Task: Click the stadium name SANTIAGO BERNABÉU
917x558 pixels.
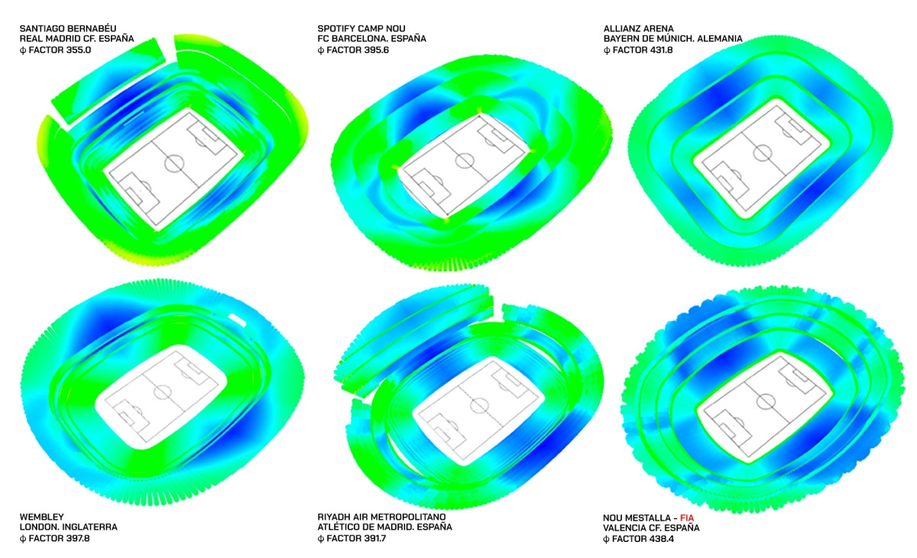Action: click(68, 28)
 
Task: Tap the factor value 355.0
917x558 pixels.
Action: click(76, 50)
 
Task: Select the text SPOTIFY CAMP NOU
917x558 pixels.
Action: click(361, 28)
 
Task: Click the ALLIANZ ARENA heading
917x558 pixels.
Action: click(639, 28)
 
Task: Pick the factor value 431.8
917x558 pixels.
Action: click(658, 50)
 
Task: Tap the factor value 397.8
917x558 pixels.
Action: click(75, 538)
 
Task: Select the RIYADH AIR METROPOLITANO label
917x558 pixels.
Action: click(381, 517)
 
